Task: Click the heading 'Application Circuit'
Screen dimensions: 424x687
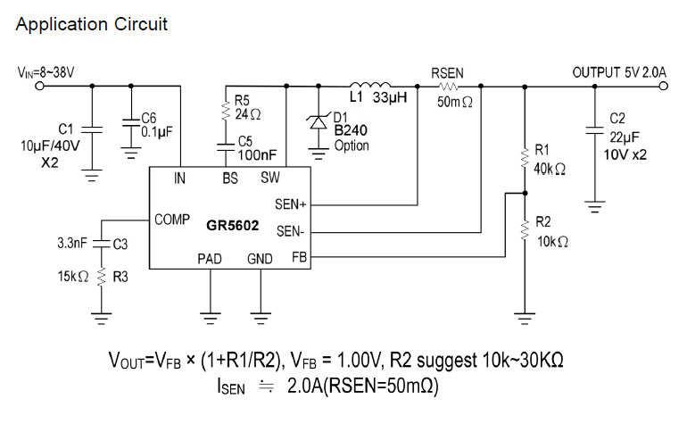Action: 91,24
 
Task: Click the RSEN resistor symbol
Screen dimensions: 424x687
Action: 448,87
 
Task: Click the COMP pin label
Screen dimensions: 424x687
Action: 171,219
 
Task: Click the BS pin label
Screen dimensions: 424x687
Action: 230,178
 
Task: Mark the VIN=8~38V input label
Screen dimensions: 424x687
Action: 46,71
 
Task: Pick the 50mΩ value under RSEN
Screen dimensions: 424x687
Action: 454,104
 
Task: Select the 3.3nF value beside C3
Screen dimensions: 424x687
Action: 71,242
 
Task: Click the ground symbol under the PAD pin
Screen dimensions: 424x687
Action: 211,314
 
